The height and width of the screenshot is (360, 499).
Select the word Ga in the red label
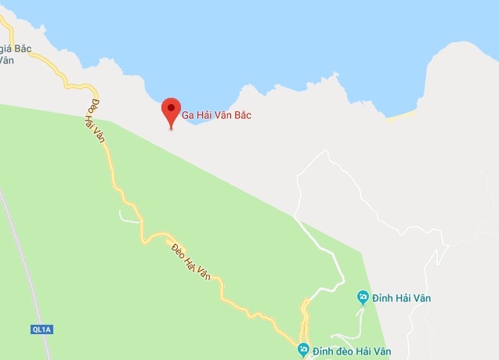click(188, 116)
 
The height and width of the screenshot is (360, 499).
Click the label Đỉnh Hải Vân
click(403, 297)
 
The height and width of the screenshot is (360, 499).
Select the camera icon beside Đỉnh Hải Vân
click(363, 297)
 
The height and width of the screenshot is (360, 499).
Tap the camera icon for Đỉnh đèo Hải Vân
click(304, 349)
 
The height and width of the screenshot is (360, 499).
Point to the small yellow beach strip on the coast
click(400, 116)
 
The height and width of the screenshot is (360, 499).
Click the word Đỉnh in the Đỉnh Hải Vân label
click(386, 297)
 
